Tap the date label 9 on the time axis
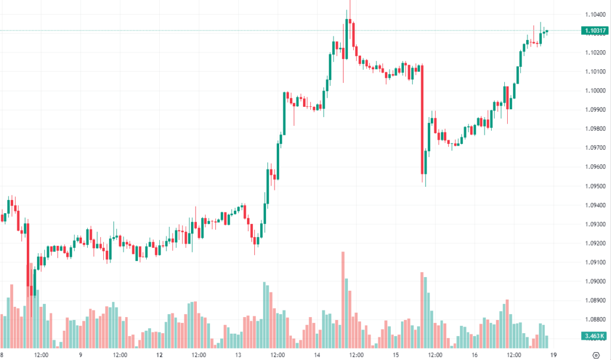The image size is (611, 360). tap(80, 354)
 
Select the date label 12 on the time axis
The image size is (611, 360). tap(159, 354)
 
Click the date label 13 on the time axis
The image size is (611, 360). tap(238, 354)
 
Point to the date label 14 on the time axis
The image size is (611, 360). tap(317, 354)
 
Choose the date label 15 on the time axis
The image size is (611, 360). tap(396, 354)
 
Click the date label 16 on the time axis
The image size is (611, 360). tap(475, 354)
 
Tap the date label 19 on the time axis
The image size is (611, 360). tap(554, 354)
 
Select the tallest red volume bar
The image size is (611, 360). tap(343, 299)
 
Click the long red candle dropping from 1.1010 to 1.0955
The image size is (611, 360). tap(422, 119)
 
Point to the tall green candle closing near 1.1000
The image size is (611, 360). tap(285, 113)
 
